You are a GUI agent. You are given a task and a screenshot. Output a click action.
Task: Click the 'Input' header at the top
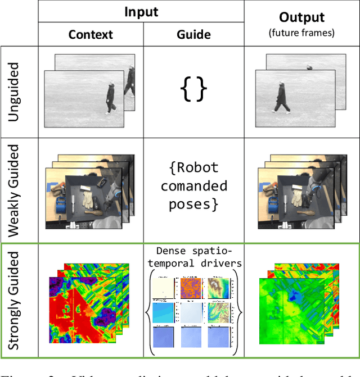tap(141, 12)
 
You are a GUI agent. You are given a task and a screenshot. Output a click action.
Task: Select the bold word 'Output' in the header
tap(301, 17)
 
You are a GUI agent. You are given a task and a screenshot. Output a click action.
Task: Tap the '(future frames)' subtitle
tap(301, 33)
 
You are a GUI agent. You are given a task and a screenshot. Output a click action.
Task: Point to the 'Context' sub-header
tap(91, 35)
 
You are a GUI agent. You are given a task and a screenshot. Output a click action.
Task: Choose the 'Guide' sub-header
tap(194, 35)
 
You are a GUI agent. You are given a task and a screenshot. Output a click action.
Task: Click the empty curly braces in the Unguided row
tap(193, 89)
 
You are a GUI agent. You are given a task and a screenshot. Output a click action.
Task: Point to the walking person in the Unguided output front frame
tap(282, 98)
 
